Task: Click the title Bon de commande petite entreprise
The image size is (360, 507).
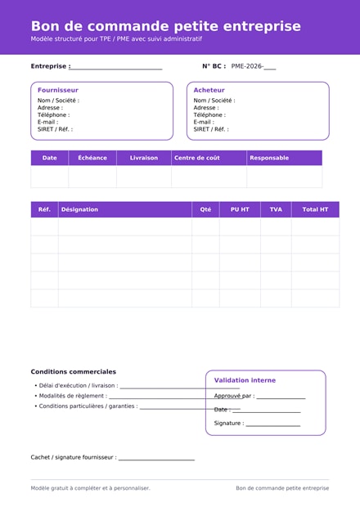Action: (x=165, y=26)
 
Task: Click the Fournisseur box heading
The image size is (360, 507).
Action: (x=58, y=90)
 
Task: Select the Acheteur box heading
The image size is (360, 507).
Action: (x=209, y=90)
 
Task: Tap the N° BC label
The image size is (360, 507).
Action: (x=214, y=66)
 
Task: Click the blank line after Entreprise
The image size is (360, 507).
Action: (x=116, y=67)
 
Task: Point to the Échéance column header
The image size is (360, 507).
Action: (x=92, y=158)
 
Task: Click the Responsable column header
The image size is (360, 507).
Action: (x=269, y=158)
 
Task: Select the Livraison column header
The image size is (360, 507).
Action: (x=144, y=158)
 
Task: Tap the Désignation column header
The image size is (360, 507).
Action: (x=79, y=209)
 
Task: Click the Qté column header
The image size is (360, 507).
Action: (x=205, y=209)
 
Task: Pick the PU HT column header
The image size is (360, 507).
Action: (x=240, y=209)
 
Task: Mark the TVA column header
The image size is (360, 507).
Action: (x=276, y=209)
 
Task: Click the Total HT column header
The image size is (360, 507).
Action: (x=315, y=209)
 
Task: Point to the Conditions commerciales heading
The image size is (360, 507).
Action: (x=74, y=371)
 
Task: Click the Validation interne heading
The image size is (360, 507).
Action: (x=245, y=380)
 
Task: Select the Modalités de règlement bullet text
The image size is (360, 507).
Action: (x=73, y=396)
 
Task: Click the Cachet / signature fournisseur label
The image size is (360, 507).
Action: (x=74, y=457)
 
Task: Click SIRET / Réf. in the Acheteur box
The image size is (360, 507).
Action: (x=211, y=129)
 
